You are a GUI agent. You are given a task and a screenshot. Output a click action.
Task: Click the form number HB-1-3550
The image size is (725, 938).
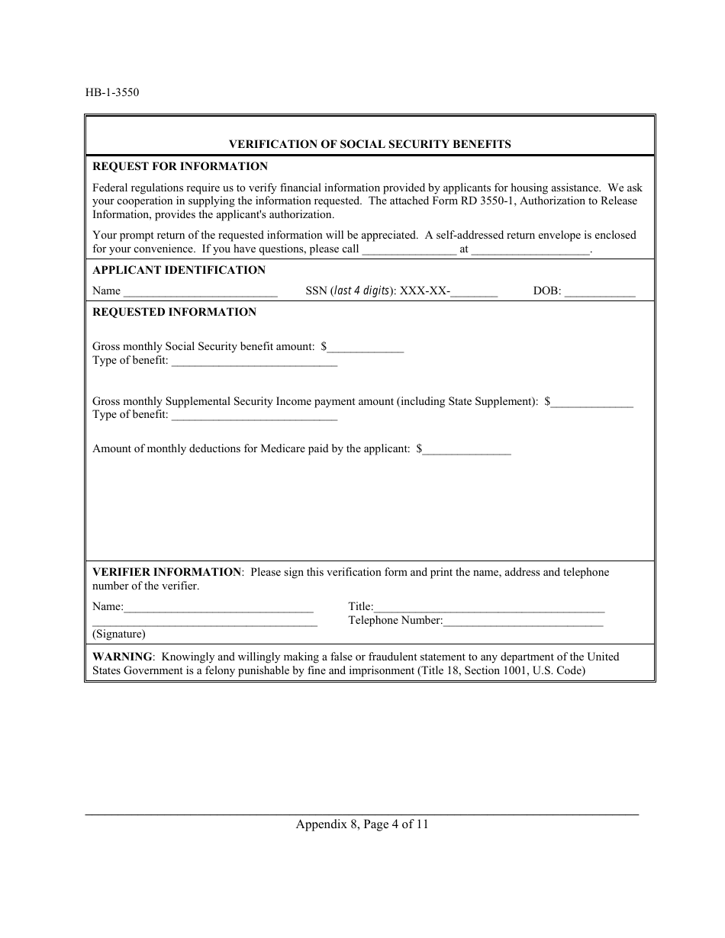(x=112, y=93)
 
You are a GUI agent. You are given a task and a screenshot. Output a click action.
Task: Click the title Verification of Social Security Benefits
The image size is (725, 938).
(x=370, y=143)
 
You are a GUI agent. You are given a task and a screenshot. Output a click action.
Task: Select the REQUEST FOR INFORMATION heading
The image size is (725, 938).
(x=180, y=166)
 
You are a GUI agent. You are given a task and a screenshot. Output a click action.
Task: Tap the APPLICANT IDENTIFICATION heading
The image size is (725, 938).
(x=179, y=270)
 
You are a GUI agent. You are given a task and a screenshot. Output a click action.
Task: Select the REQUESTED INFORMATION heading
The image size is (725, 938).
(x=175, y=312)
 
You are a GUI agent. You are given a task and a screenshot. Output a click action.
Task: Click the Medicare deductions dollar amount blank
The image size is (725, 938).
(x=466, y=451)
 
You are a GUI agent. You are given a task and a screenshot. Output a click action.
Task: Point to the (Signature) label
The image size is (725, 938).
(x=119, y=634)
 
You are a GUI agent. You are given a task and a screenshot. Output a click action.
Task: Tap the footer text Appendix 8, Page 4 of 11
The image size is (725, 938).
(x=362, y=824)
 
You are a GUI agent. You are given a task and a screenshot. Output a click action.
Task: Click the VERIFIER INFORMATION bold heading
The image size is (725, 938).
(x=166, y=572)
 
